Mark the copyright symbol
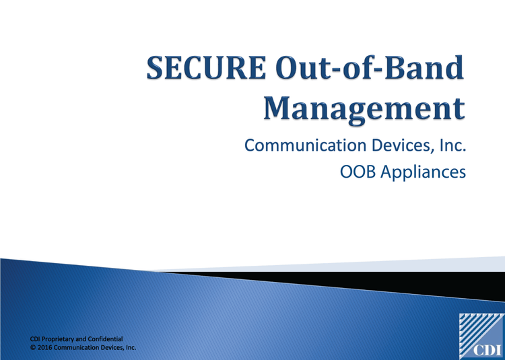[x=34, y=348]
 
